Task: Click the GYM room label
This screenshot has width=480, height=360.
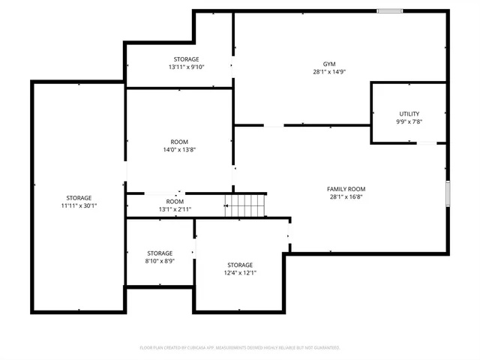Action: click(329, 64)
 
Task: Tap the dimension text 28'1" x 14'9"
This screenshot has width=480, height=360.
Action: click(329, 72)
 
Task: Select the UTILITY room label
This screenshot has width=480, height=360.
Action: click(409, 114)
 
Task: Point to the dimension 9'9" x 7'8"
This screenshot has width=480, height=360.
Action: click(409, 121)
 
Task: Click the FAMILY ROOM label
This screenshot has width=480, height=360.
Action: click(346, 189)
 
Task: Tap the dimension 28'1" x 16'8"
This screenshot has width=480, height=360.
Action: click(346, 196)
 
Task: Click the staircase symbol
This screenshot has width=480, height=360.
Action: click(247, 203)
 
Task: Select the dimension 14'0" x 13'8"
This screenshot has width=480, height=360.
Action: click(179, 149)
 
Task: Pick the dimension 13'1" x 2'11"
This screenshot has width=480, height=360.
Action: click(175, 209)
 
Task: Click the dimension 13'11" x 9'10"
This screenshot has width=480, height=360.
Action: click(187, 67)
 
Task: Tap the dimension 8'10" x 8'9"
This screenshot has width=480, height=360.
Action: click(160, 261)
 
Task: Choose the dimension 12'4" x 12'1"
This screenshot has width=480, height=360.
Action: click(240, 273)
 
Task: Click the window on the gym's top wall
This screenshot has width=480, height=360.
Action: click(389, 10)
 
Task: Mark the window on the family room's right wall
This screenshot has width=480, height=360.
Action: click(448, 193)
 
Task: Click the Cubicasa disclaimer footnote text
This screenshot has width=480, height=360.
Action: click(240, 348)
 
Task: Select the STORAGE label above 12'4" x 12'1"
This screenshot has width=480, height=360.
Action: click(240, 265)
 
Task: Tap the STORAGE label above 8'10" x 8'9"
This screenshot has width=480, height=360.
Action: click(160, 253)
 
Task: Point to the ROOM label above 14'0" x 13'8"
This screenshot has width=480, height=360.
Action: click(179, 142)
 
